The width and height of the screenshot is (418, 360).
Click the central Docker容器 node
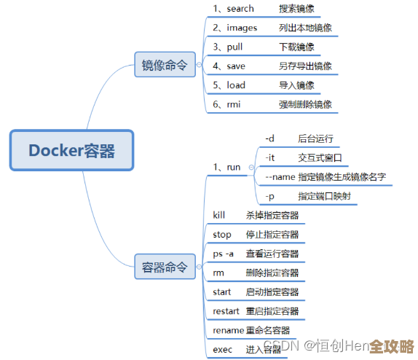71,150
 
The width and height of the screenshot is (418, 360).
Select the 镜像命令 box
165,66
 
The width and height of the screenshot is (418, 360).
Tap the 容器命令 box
165,267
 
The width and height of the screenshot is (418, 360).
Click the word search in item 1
240,9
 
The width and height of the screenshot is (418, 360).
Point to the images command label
242,28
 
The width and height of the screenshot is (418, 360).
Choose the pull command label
234,47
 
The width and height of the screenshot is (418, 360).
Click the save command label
236,66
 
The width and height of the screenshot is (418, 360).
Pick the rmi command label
233,104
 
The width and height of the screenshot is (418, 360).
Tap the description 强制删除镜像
305,104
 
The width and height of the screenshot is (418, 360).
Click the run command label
232,167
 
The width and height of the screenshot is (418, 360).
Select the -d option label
269,138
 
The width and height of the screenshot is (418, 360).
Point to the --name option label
280,177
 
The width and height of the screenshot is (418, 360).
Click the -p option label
270,197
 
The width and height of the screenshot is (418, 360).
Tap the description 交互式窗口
320,157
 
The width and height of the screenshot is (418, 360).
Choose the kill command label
219,215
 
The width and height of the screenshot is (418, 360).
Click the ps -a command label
224,254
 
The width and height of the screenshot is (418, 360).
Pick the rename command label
228,330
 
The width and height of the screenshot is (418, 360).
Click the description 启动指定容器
272,292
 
